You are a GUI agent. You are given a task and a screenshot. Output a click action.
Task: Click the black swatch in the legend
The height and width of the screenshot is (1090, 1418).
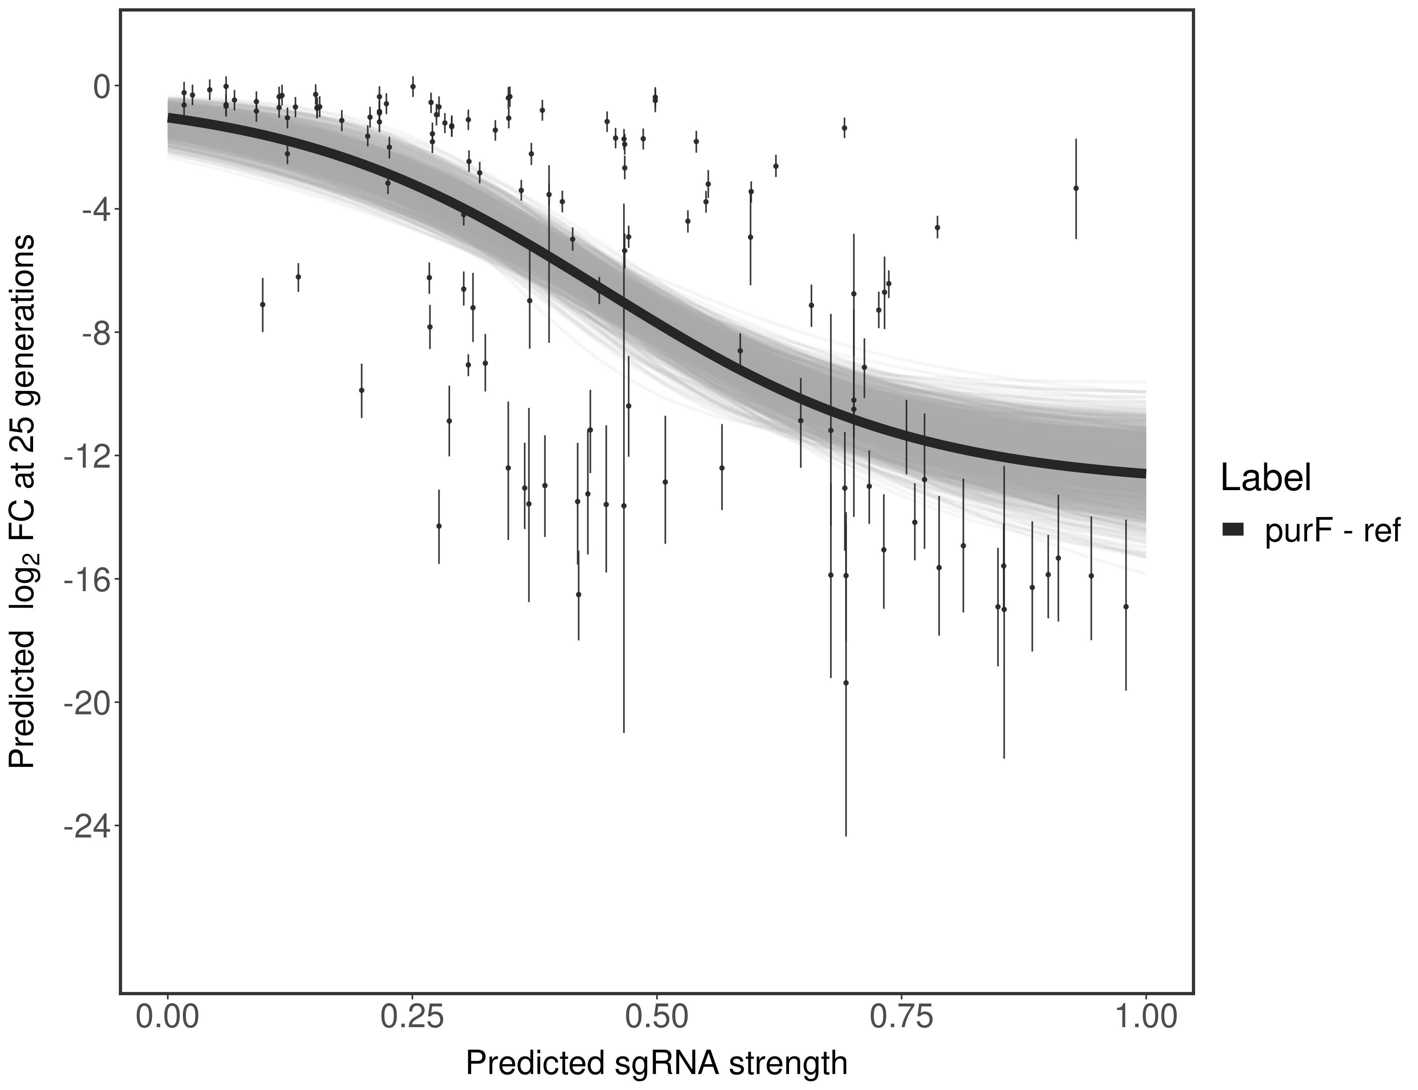[x=1232, y=530]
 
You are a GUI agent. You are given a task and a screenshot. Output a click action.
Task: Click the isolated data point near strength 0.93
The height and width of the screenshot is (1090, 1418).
[x=1076, y=188]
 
